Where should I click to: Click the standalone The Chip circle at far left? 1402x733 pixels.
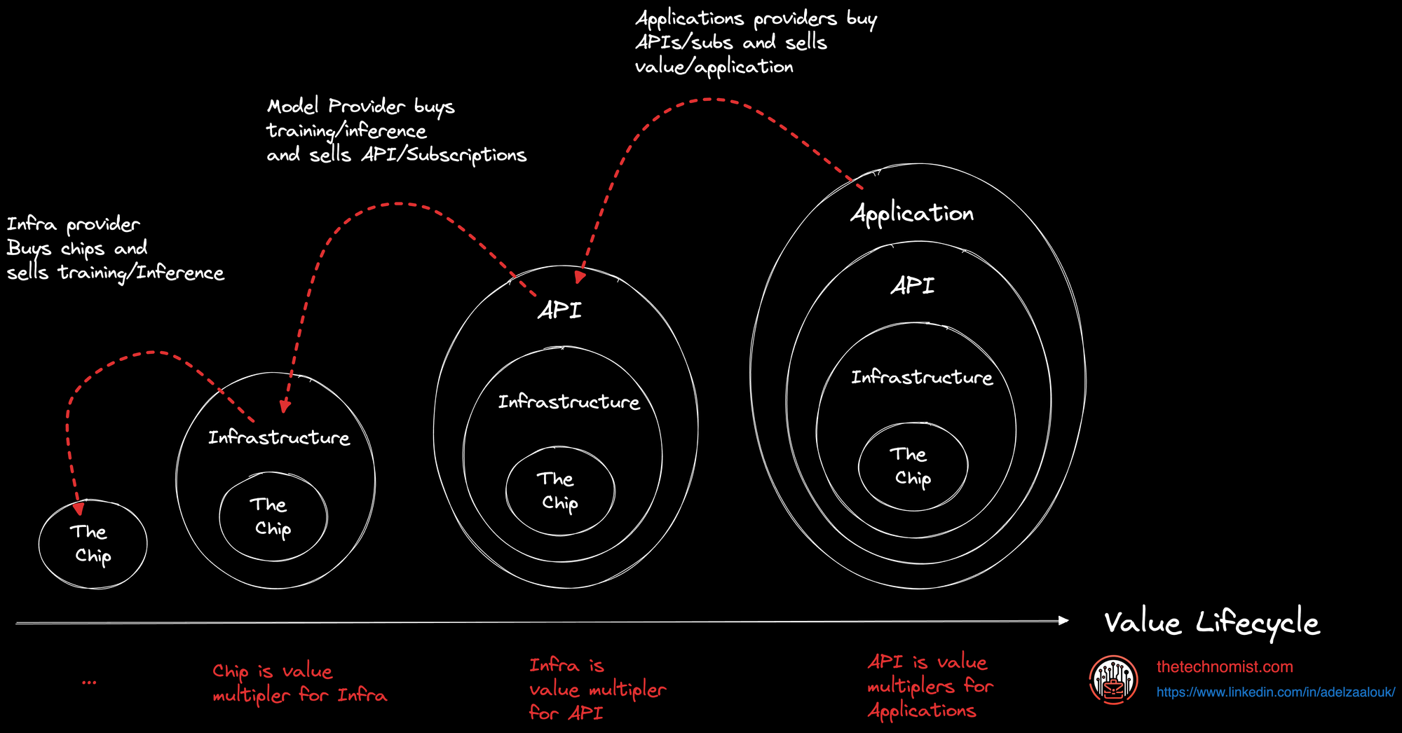click(93, 544)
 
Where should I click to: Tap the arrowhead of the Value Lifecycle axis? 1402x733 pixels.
click(1063, 620)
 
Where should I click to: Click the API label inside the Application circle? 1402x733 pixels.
click(913, 286)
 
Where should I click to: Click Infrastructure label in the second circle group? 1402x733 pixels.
click(279, 438)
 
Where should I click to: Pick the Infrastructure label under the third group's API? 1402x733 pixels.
click(569, 402)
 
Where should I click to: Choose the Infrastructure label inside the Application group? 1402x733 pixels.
click(922, 378)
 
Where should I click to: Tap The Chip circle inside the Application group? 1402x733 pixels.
click(913, 467)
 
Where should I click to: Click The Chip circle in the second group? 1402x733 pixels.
click(273, 517)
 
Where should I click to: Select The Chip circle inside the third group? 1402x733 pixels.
click(559, 491)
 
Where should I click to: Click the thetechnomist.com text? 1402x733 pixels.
click(1225, 667)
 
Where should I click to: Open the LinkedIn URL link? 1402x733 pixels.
click(1275, 692)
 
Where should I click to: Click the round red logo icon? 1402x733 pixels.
click(1113, 680)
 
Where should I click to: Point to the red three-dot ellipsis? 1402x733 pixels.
click(89, 682)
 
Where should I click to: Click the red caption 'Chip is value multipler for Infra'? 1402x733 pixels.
click(299, 683)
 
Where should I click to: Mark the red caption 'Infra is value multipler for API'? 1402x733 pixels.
click(597, 689)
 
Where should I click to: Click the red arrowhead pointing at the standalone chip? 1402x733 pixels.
click(79, 507)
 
